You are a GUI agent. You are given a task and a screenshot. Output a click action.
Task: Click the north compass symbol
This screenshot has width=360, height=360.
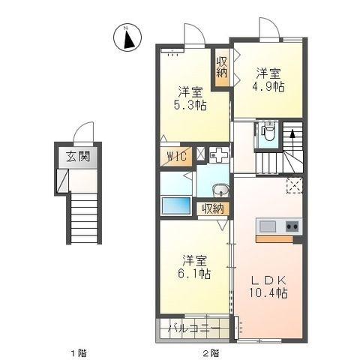pyautogui.click(x=127, y=37)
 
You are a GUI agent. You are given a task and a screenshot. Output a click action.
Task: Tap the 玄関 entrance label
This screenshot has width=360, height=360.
pyautogui.click(x=78, y=157)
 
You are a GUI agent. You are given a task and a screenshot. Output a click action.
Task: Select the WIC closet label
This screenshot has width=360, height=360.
pyautogui.click(x=177, y=157)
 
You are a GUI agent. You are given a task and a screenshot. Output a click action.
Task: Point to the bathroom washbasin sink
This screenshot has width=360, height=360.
pyautogui.click(x=220, y=190)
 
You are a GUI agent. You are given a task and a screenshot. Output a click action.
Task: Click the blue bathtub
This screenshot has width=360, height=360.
pyautogui.click(x=175, y=205)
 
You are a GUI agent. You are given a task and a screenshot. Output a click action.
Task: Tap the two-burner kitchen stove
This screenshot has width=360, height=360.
pyautogui.click(x=292, y=226)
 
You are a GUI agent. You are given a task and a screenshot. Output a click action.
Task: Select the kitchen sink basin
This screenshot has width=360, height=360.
pyautogui.click(x=268, y=226)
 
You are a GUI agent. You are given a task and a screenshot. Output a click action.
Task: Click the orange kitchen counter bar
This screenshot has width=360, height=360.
pyautogui.click(x=274, y=239)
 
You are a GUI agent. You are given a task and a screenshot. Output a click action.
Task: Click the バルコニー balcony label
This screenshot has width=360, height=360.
pyautogui.click(x=194, y=328)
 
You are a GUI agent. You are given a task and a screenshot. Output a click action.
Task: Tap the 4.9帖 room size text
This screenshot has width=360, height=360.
pyautogui.click(x=268, y=86)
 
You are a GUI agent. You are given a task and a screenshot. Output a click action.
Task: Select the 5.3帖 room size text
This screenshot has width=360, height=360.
pyautogui.click(x=190, y=105)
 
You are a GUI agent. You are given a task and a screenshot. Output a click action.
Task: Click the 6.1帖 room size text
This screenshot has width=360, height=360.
pyautogui.click(x=194, y=274)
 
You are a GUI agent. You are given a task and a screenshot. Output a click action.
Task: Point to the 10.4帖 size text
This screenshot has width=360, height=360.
pyautogui.click(x=268, y=293)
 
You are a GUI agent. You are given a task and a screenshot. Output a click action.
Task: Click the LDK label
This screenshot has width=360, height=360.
pyautogui.click(x=268, y=280)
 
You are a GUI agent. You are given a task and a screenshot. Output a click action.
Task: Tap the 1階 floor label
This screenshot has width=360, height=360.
pyautogui.click(x=79, y=353)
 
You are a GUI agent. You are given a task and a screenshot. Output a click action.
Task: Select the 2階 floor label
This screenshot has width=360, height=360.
pyautogui.click(x=211, y=353)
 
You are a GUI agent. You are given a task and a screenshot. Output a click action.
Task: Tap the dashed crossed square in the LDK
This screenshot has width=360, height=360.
pyautogui.click(x=295, y=185)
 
